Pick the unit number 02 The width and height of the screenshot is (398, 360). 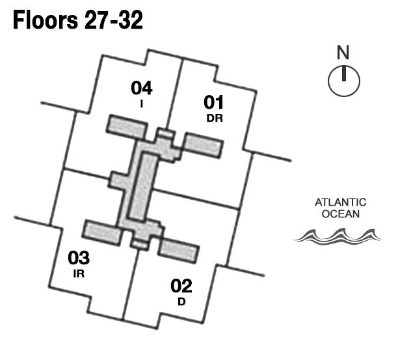point(181,286)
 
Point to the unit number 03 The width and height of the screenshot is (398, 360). point(79,258)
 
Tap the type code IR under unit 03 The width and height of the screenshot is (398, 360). point(79,273)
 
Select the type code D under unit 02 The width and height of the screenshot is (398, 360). point(181,301)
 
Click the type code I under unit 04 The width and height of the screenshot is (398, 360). point(141,103)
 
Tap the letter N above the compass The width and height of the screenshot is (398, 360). point(343,52)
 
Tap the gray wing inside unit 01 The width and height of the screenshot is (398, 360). point(205,145)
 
